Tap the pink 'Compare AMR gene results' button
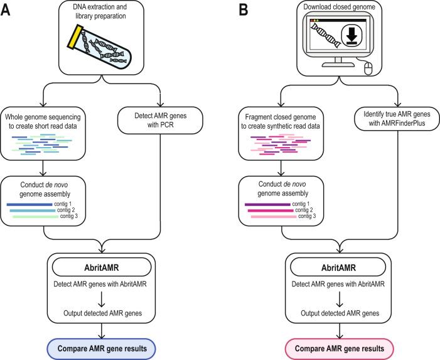(x=340, y=347)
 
